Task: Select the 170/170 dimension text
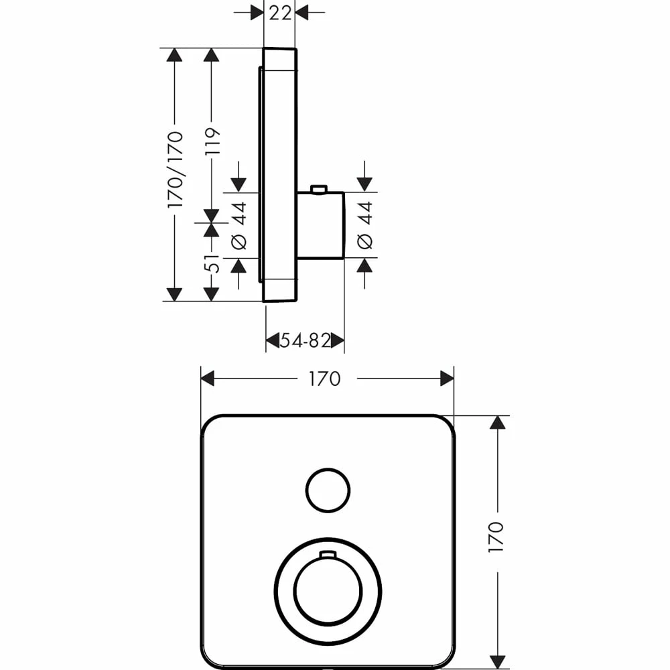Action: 175,169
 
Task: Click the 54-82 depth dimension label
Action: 305,341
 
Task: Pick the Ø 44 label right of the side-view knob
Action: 364,225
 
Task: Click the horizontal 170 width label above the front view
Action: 324,379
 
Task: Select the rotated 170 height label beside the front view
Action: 496,537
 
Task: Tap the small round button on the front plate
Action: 328,490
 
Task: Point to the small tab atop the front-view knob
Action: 328,554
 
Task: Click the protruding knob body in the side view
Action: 320,225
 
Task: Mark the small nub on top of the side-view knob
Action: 319,189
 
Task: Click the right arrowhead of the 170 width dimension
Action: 447,379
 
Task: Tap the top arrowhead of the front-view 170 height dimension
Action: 496,422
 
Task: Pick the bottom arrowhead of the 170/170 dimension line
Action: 175,293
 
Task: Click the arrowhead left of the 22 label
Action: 257,12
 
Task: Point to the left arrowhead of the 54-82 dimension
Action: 273,341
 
